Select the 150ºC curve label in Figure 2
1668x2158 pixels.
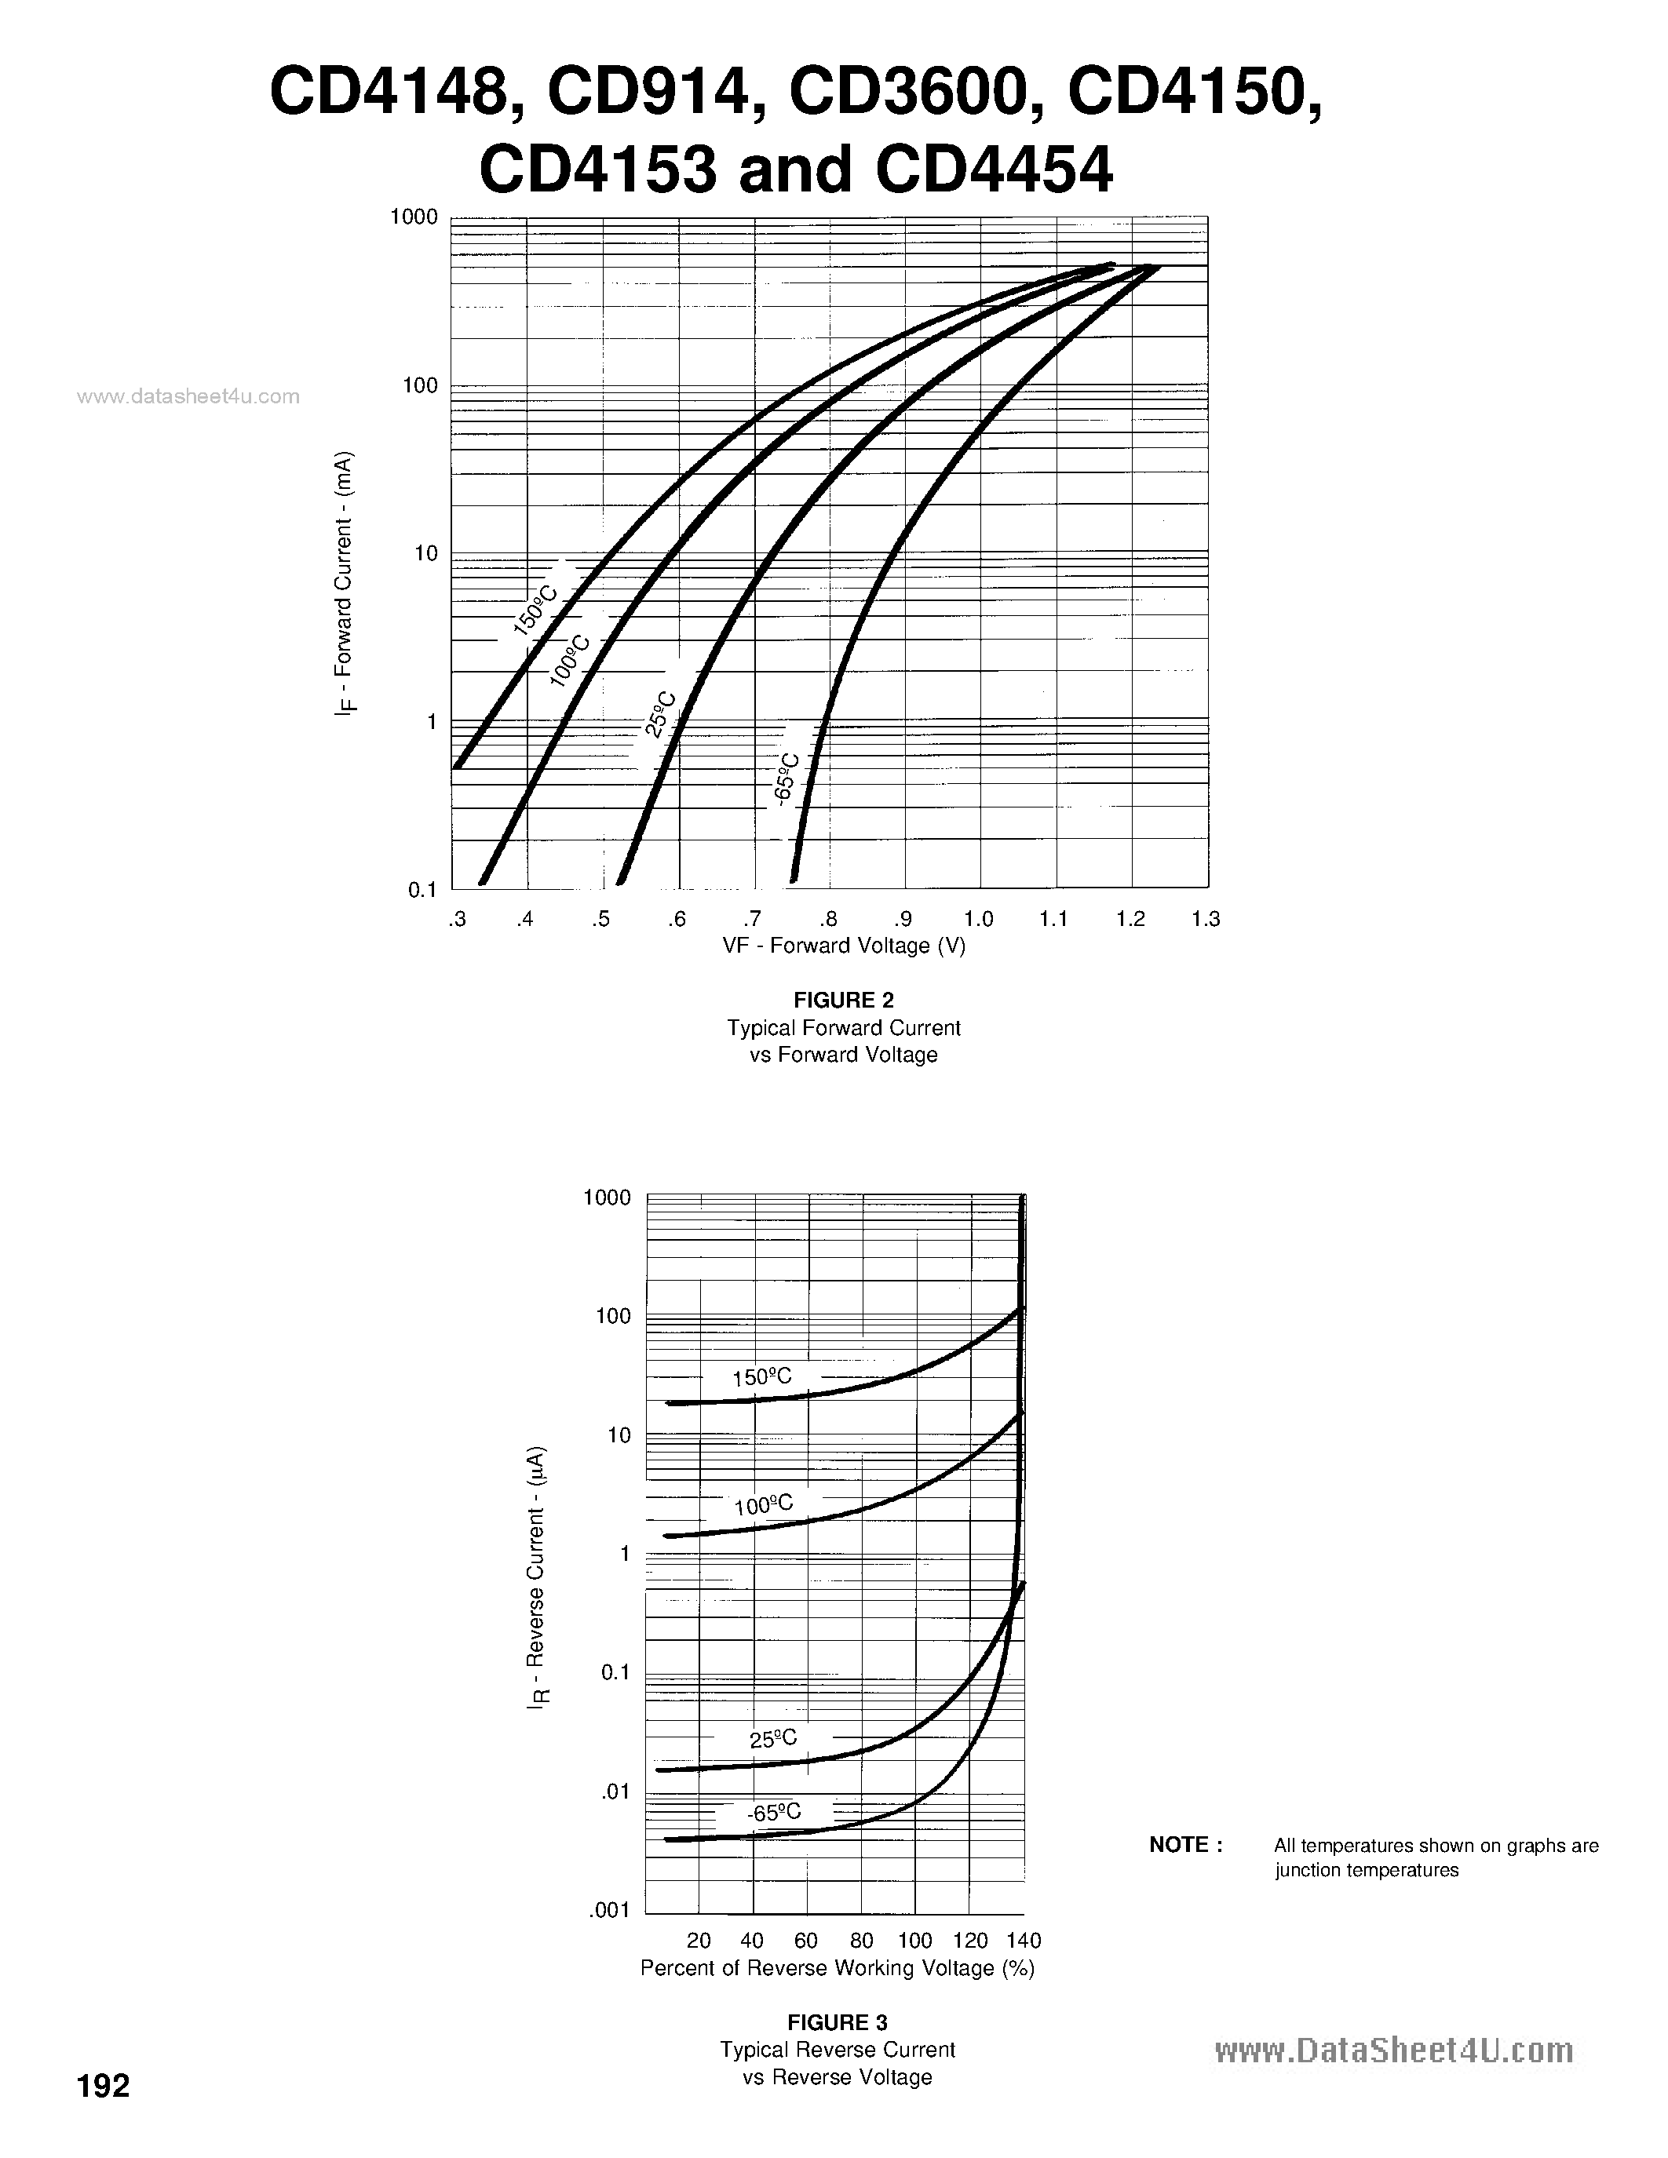click(x=535, y=610)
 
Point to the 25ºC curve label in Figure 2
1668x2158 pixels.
click(x=660, y=713)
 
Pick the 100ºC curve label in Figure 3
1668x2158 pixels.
click(x=763, y=1505)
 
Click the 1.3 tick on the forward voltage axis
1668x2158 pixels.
click(x=1206, y=919)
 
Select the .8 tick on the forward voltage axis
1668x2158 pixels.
click(x=828, y=919)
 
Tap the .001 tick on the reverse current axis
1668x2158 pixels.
click(x=610, y=1910)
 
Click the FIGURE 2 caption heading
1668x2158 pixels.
click(x=844, y=1000)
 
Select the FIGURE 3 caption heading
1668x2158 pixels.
click(x=837, y=2021)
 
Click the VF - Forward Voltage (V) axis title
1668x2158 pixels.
click(x=844, y=946)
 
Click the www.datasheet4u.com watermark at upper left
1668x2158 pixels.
click(x=188, y=396)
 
